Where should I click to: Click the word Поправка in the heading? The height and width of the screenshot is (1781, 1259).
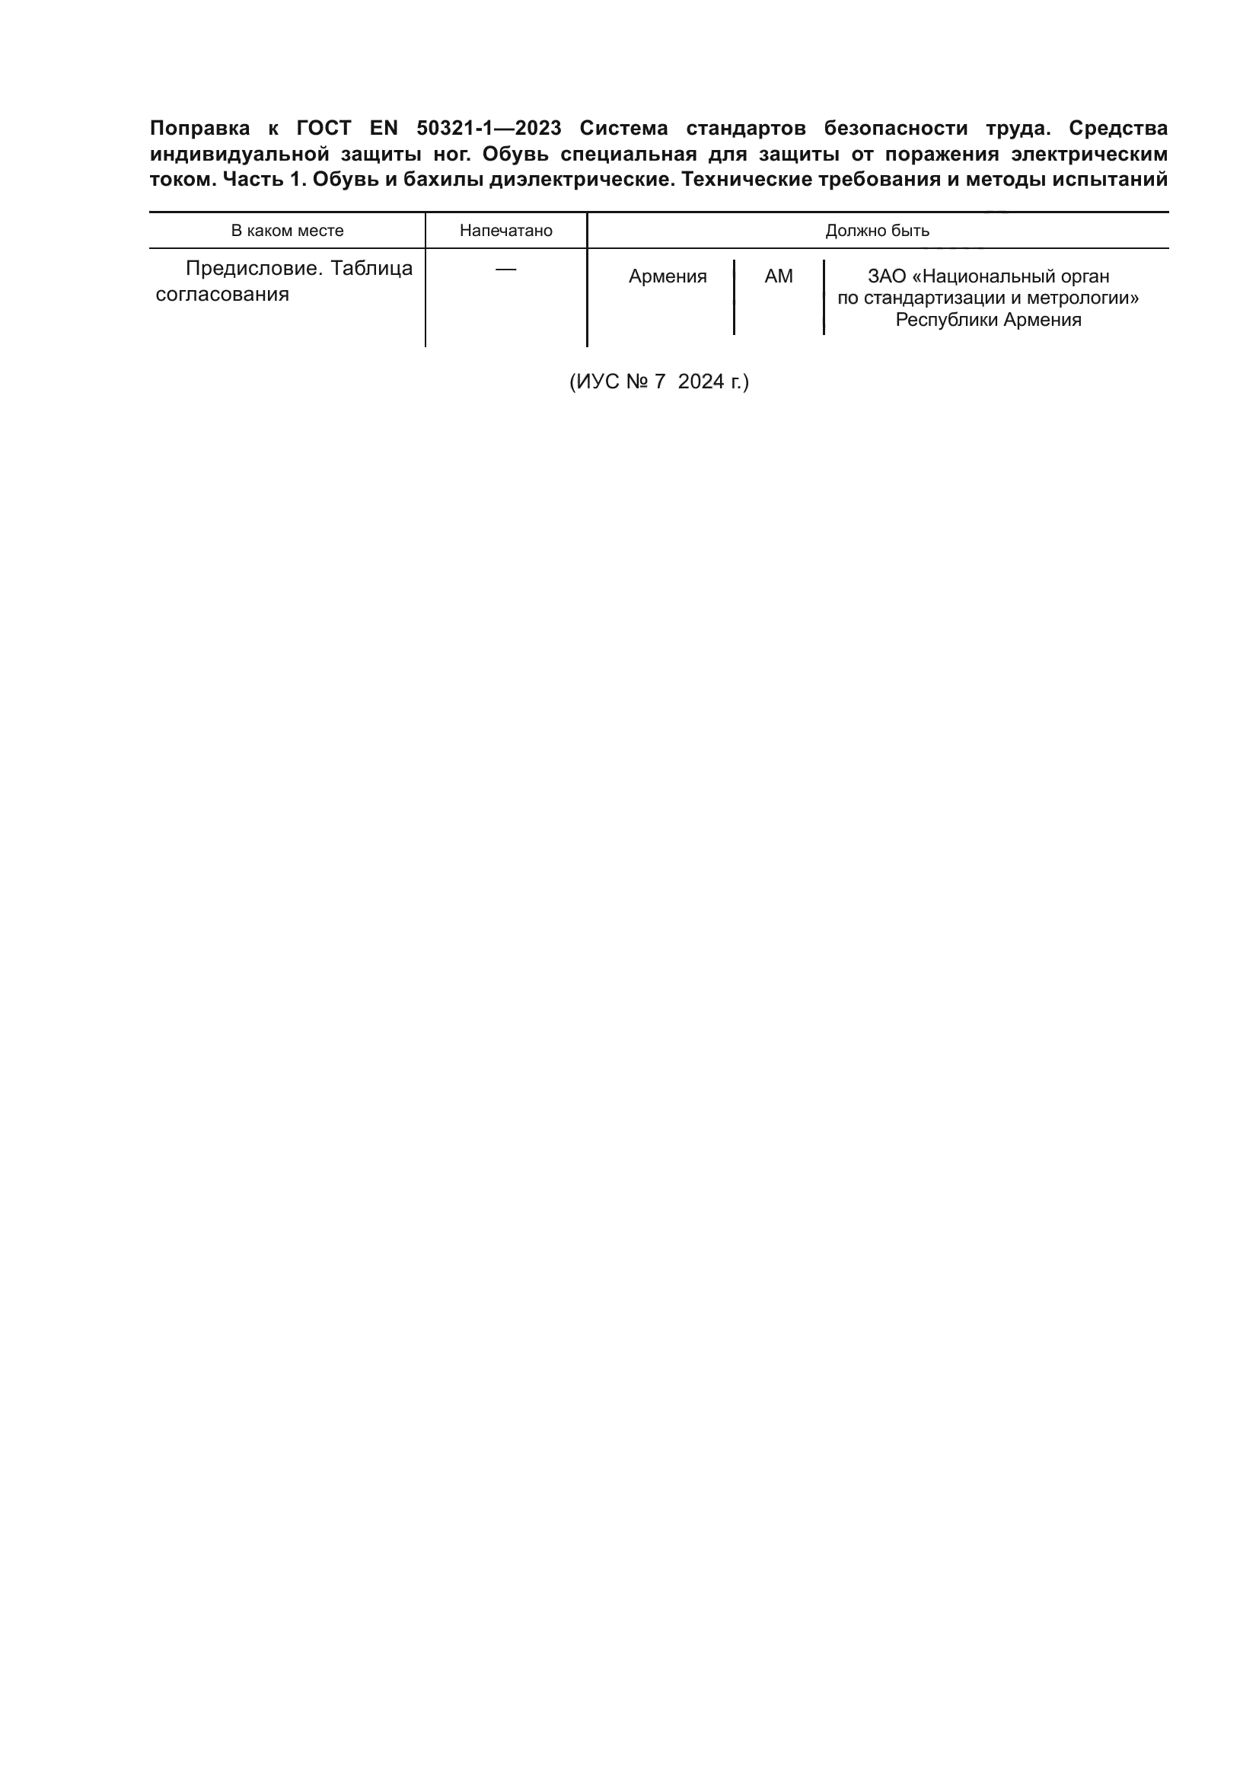tap(199, 128)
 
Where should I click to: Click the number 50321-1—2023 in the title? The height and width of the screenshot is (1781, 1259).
tap(489, 128)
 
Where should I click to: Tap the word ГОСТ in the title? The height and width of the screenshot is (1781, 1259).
tap(324, 128)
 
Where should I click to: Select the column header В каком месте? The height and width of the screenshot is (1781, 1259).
tap(287, 231)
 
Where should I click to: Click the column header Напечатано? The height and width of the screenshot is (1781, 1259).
tap(505, 231)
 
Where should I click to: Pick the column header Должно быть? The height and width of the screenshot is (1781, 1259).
tap(877, 231)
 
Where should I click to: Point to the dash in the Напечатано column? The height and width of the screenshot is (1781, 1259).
tap(505, 268)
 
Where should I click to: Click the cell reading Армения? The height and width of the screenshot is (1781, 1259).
tap(668, 277)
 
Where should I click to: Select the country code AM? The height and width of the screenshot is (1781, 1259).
tap(779, 277)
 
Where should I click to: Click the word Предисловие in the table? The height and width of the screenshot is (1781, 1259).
tap(252, 268)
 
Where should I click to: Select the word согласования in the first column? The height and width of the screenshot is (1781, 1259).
tap(222, 295)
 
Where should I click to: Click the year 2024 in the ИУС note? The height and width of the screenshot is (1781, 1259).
tap(701, 381)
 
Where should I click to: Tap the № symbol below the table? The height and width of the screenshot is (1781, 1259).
tap(636, 381)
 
